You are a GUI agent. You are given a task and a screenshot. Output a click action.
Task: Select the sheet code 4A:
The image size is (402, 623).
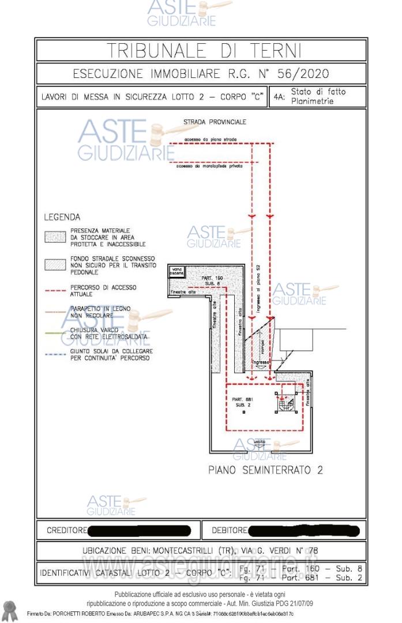(280, 97)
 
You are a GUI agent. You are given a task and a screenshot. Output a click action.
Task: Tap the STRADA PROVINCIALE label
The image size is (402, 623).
(215, 122)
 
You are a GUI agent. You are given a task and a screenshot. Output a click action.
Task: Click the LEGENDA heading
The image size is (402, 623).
(62, 217)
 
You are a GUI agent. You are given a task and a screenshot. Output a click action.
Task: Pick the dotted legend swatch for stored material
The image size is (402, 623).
(55, 237)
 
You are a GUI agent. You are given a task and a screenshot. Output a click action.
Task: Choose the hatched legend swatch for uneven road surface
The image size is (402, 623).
(55, 264)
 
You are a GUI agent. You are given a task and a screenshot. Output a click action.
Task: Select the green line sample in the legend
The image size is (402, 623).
(55, 332)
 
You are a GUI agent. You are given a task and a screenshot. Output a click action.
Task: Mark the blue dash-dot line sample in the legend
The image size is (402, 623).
(55, 354)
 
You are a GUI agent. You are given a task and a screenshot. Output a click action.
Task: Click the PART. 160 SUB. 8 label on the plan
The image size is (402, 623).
(212, 280)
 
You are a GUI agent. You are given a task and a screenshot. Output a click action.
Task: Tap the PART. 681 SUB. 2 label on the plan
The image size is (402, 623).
(242, 402)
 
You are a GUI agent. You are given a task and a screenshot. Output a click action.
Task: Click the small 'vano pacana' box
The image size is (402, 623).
(176, 271)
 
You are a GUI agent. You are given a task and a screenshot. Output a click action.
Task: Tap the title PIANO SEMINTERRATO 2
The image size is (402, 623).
(265, 470)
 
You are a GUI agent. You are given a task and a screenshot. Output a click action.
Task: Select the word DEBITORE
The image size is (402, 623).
(229, 530)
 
